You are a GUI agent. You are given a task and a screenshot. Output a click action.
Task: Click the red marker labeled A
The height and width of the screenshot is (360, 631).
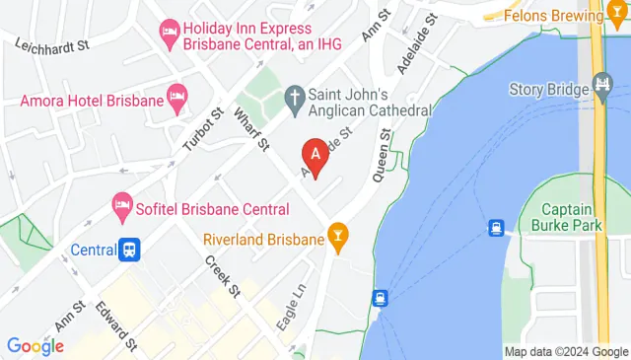click(x=315, y=155)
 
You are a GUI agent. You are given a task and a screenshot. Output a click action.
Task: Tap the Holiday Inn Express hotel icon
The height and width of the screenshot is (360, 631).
click(x=169, y=35)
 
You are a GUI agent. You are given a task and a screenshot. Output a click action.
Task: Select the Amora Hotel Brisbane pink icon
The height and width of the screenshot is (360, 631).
click(x=176, y=96)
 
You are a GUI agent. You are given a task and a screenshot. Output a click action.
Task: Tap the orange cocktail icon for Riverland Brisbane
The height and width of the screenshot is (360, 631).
click(x=339, y=239)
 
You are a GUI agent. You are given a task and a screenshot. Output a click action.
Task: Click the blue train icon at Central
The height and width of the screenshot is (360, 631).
click(x=129, y=250)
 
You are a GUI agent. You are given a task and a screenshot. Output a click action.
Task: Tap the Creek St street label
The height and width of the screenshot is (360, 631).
click(x=222, y=276)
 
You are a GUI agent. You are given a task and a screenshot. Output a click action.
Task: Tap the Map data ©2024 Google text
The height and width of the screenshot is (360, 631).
click(x=565, y=351)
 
